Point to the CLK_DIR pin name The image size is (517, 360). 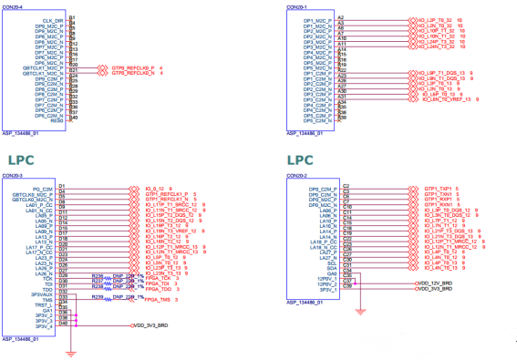tap(53, 19)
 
